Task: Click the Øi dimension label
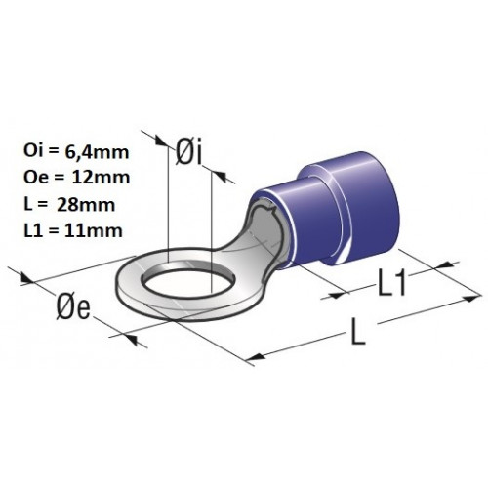189,152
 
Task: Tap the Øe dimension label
73,307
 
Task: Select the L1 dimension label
391,283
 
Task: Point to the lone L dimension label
358,332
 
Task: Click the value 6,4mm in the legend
97,152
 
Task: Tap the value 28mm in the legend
86,205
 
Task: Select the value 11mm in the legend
94,230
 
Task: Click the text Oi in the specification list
32,152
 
